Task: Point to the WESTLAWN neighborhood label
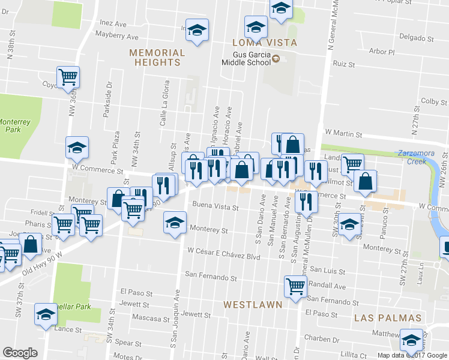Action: coord(253,305)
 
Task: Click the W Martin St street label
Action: coord(345,131)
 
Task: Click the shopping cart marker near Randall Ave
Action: coord(295,286)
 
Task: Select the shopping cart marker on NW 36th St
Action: coord(68,76)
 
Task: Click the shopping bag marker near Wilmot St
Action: coord(365,180)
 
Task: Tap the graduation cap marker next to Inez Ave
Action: coord(196,29)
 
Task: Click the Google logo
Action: coord(20,353)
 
